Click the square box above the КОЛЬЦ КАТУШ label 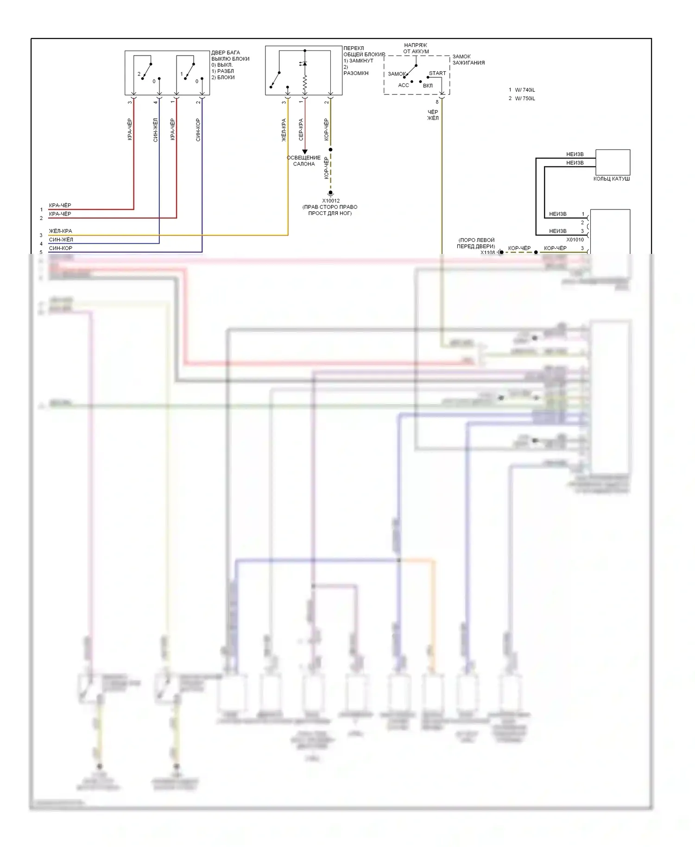click(x=613, y=162)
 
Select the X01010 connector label click(x=575, y=240)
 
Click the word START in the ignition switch click(x=437, y=73)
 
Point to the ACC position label click(x=404, y=85)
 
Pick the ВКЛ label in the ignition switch click(x=428, y=86)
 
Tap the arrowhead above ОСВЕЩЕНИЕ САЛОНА click(x=305, y=152)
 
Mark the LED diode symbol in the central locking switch click(x=304, y=63)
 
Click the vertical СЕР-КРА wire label click(x=301, y=130)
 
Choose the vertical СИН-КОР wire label click(x=198, y=130)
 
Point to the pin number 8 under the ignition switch click(x=437, y=102)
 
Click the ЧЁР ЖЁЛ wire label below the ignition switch click(x=433, y=115)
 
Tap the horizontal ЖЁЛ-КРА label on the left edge click(x=60, y=231)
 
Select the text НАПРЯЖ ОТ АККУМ click(x=416, y=48)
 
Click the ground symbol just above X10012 click(x=330, y=193)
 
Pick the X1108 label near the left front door click(x=487, y=253)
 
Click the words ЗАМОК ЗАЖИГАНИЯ click(x=468, y=59)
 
